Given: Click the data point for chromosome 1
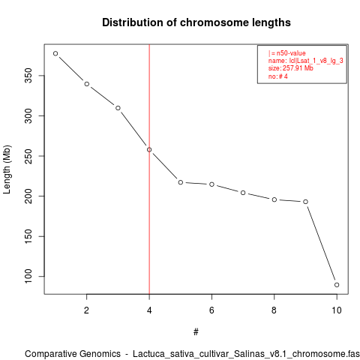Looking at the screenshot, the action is tap(55, 53).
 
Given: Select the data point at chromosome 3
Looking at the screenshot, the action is tap(118, 108).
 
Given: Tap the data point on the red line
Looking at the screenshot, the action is tap(149, 150).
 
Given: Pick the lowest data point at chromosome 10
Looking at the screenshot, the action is tap(337, 285).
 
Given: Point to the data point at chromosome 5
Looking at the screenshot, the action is tap(181, 182).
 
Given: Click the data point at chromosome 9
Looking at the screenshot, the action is tap(305, 202).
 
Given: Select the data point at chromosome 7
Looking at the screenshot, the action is tap(243, 193).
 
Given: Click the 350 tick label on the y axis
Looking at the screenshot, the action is tap(28, 76).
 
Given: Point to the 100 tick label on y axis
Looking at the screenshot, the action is tap(28, 276).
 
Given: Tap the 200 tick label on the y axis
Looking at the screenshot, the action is tap(28, 196).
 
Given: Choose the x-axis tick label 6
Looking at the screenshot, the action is tap(211, 310).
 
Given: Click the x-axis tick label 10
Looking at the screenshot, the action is tap(337, 310).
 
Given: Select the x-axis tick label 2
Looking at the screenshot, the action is tap(86, 310).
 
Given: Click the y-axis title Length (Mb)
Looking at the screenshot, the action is tap(7, 169).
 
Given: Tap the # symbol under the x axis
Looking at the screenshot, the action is tap(196, 332).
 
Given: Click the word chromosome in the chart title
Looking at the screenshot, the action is tap(214, 22).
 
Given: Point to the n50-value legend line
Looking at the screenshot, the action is tap(287, 53).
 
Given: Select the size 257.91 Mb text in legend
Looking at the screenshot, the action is tap(291, 68).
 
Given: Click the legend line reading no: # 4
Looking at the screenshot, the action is tap(278, 76).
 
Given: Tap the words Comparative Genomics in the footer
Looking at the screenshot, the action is tap(73, 354).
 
